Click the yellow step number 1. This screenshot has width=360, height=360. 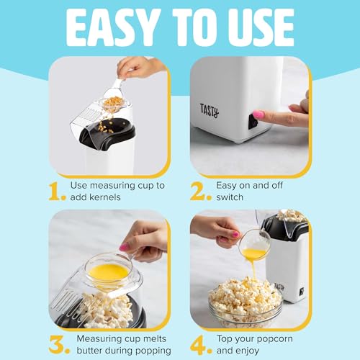[x=57, y=191]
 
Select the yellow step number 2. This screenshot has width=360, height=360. [x=200, y=191]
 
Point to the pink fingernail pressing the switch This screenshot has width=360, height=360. [x=258, y=114]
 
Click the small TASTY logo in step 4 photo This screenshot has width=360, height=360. [x=278, y=286]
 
